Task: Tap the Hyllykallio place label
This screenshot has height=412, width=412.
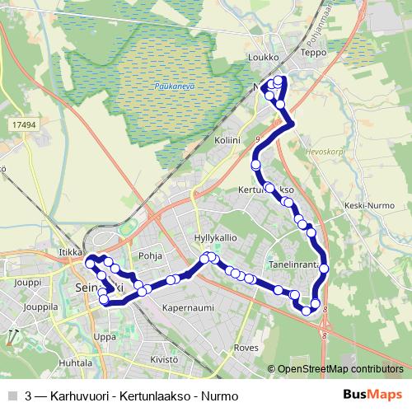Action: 215,237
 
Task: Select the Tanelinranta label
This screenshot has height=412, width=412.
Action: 293,266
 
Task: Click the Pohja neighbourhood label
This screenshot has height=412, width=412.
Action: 150,255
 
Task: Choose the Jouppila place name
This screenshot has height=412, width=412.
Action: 41,307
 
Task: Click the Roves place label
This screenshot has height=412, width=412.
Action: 246,348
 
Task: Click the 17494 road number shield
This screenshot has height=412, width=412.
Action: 25,124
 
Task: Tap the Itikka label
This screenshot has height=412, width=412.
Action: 72,252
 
